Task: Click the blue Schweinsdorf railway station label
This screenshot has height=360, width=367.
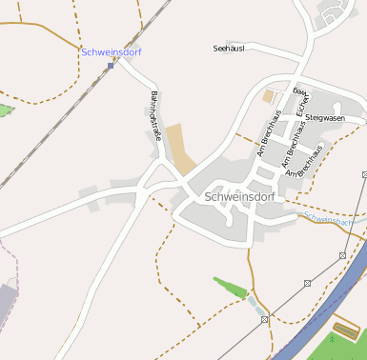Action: [x=112, y=52]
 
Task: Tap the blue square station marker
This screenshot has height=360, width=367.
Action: [x=111, y=66]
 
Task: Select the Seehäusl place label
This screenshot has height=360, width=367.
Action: [x=229, y=47]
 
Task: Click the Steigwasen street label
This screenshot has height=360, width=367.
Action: [x=326, y=117]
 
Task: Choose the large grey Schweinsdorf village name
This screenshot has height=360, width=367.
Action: [x=240, y=197]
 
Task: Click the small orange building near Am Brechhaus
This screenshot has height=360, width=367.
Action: [x=268, y=96]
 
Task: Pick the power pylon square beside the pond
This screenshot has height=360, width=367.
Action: [x=265, y=320]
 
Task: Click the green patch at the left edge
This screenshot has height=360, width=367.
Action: [x=5, y=110]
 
